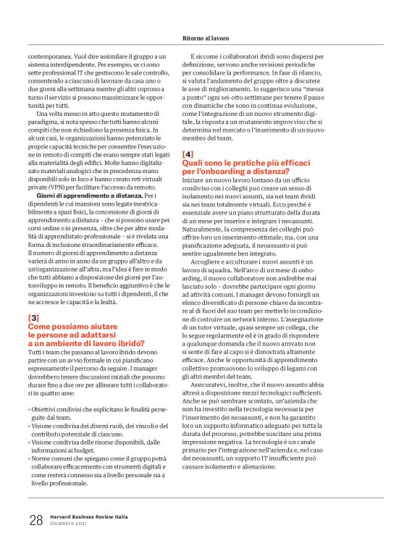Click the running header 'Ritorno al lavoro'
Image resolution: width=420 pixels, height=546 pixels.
(206, 38)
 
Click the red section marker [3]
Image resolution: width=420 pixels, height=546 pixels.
(33, 319)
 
